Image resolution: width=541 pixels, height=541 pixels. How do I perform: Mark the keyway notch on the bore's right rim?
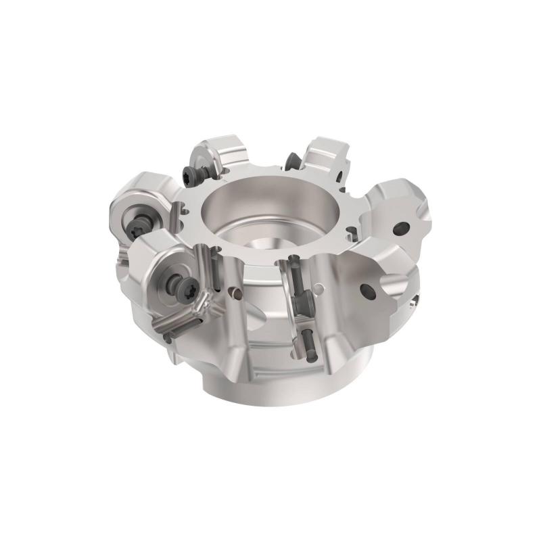coord(350,231)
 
